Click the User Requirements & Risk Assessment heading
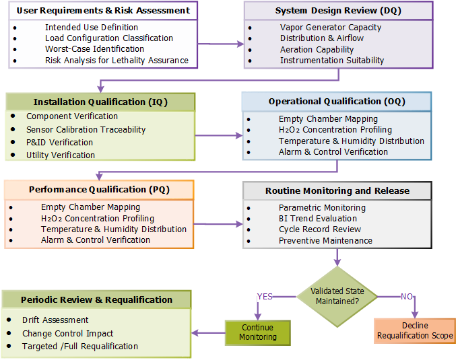pos(103,11)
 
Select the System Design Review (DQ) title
pos(337,11)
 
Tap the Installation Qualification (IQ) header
pos(100,102)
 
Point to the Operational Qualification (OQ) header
pos(337,102)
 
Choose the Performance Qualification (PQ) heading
pos(99,190)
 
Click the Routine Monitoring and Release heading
pos(337,190)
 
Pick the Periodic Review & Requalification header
pos(96,299)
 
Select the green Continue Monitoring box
pos(258,332)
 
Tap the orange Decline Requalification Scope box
pos(415,331)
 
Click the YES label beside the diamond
pos(265,296)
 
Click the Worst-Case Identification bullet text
pos(94,49)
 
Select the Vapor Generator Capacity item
pos(330,28)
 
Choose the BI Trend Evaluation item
pos(318,219)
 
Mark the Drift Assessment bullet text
pos(55,320)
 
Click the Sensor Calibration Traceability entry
pos(86,130)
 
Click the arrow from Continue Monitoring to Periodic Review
pos(208,332)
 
